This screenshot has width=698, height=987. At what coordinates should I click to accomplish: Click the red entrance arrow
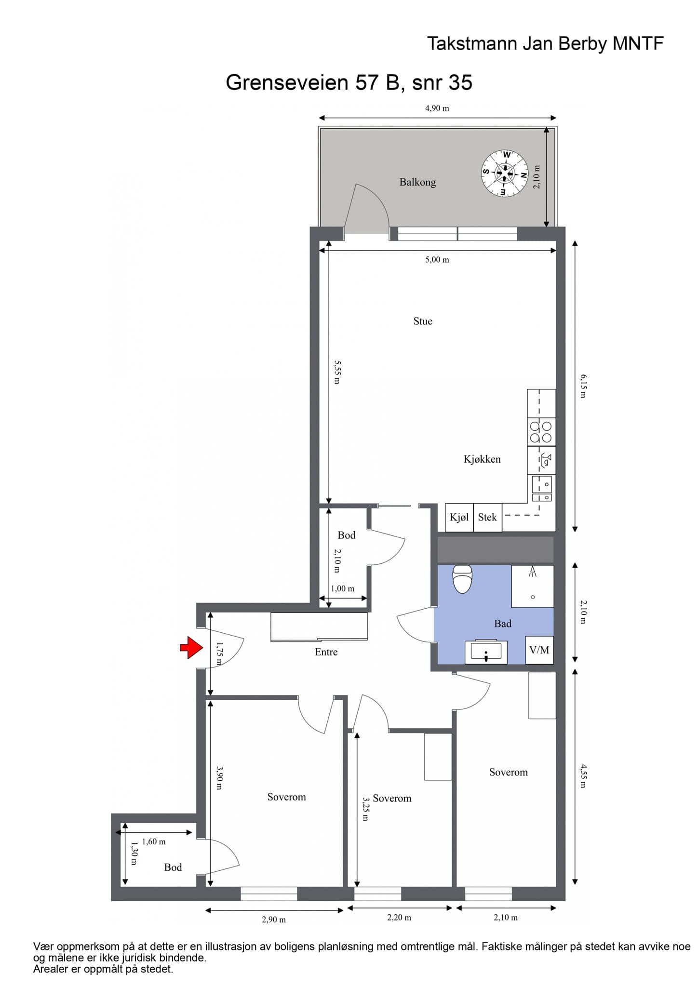tap(191, 647)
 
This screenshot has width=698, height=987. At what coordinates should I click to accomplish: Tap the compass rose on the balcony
tap(505, 173)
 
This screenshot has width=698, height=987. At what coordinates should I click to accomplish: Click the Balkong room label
tap(417, 182)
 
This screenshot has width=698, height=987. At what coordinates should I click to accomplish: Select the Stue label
tap(423, 321)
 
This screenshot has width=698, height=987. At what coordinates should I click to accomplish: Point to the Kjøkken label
tap(482, 459)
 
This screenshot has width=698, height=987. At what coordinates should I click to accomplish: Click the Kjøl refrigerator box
tap(459, 518)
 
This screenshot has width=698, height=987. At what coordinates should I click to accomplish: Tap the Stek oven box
tap(487, 518)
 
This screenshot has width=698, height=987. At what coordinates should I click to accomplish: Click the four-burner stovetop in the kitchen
tap(541, 432)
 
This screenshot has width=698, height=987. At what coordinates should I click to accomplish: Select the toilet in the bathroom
tap(463, 579)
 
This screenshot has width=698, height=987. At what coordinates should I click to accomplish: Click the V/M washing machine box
tap(539, 650)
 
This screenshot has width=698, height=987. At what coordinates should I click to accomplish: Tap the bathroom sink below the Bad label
tap(486, 652)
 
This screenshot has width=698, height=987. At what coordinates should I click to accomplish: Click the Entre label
tap(326, 652)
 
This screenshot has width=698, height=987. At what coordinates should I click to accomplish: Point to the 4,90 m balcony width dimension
tap(437, 108)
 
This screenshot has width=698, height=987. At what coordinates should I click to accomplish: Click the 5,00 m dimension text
tap(437, 260)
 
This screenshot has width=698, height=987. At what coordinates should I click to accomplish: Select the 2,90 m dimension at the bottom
tap(274, 920)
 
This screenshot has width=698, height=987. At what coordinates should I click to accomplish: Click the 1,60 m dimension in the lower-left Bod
tap(154, 841)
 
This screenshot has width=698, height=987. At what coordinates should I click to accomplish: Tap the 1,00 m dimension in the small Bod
tap(343, 588)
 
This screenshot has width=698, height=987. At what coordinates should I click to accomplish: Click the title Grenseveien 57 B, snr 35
tap(349, 82)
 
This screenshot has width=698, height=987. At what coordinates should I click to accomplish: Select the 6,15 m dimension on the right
tap(583, 386)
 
